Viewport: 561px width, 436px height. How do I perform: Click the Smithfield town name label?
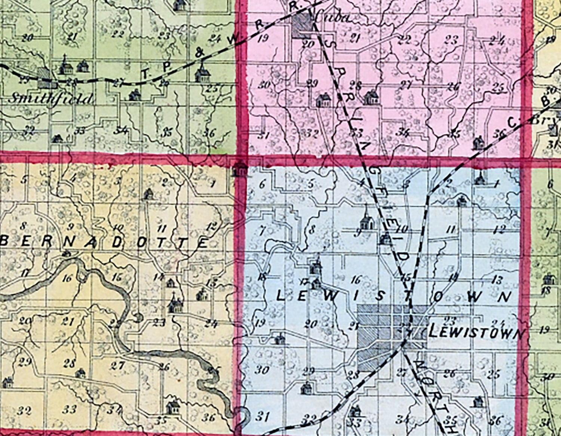(x=50, y=99)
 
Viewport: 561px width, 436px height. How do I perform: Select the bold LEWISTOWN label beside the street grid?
(x=477, y=333)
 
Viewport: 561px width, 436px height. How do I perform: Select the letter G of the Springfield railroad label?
(x=373, y=170)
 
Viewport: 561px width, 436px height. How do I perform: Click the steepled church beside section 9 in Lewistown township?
(x=367, y=221)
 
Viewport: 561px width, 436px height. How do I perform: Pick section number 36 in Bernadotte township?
(x=210, y=417)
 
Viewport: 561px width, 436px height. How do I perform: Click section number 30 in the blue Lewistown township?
(x=262, y=370)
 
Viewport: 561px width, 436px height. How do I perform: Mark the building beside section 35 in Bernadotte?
(x=173, y=407)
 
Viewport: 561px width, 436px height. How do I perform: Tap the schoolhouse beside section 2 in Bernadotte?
(x=148, y=194)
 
